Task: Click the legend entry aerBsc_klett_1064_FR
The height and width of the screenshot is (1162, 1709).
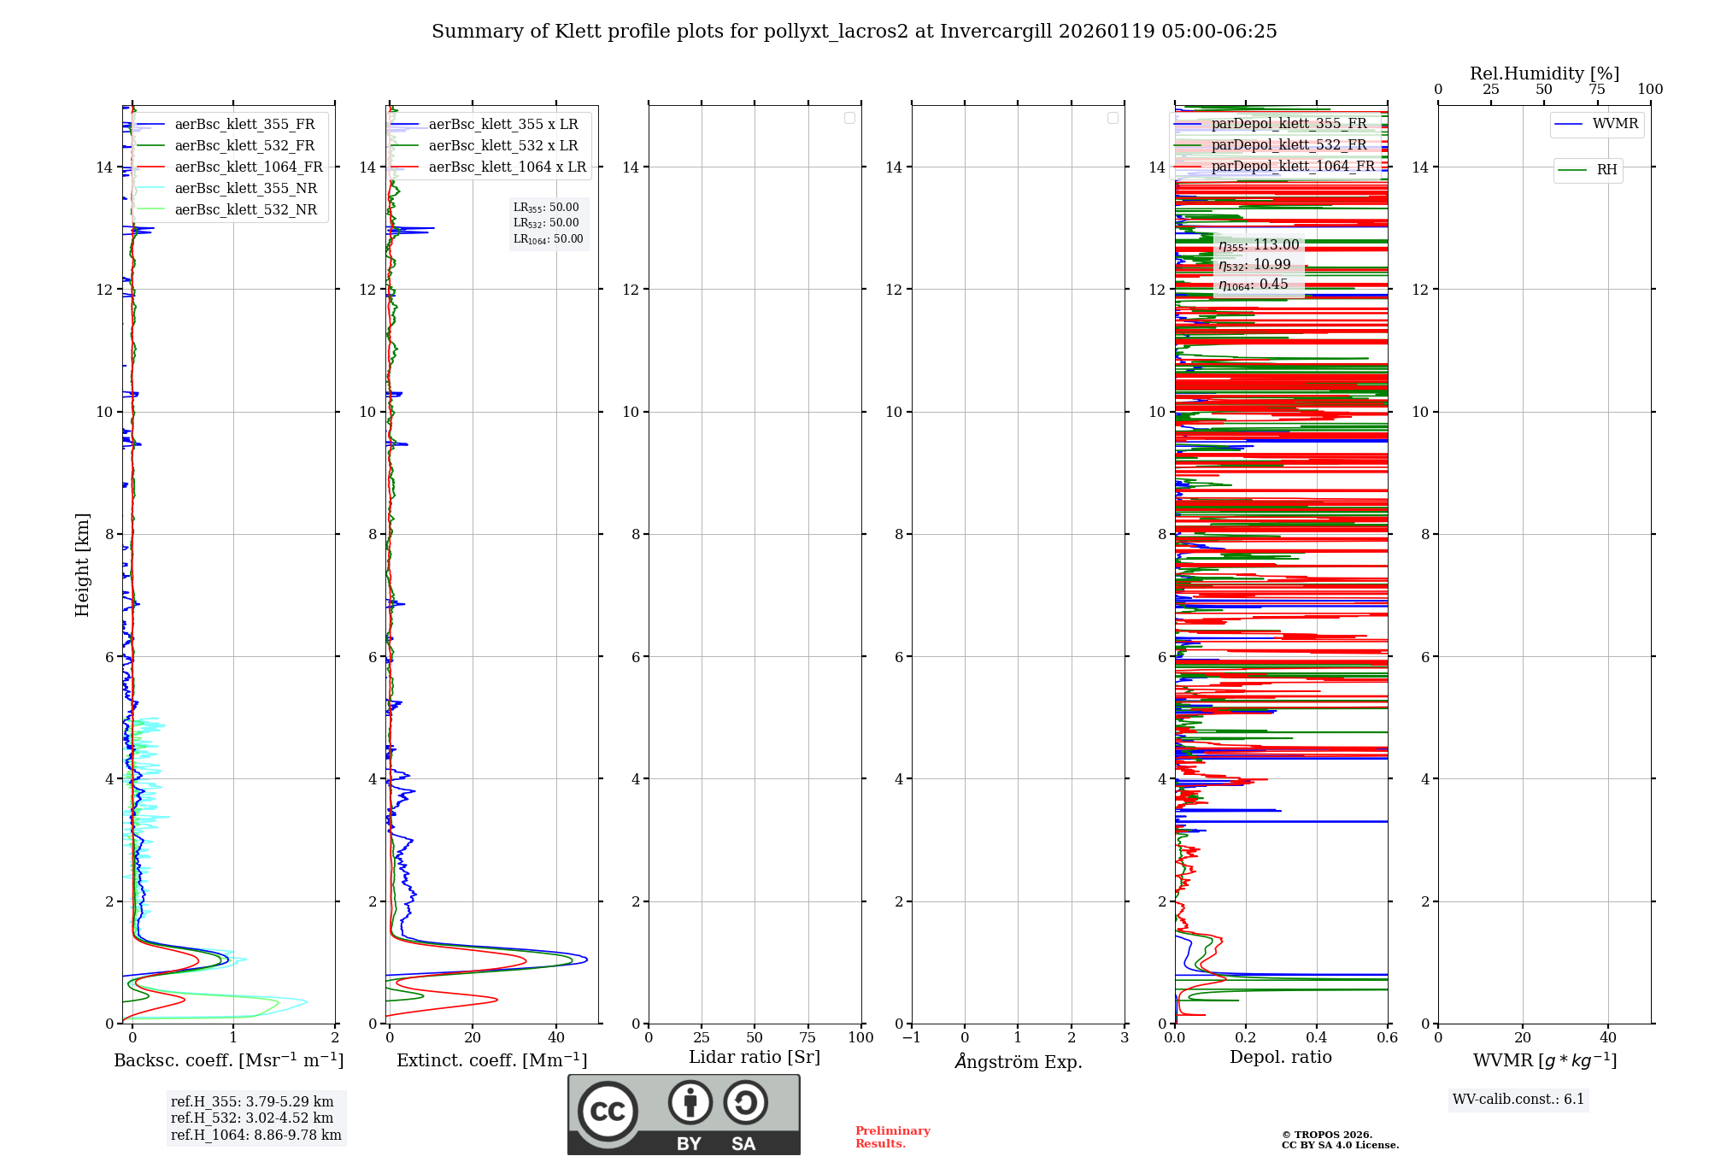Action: click(x=249, y=167)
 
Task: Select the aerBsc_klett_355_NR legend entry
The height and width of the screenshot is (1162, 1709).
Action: click(x=245, y=189)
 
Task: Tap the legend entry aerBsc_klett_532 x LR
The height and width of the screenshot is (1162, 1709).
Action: click(x=503, y=146)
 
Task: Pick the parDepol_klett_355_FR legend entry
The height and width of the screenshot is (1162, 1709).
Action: click(x=1289, y=124)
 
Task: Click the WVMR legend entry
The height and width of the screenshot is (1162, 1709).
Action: click(x=1615, y=124)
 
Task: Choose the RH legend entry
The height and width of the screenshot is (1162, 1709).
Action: click(x=1606, y=170)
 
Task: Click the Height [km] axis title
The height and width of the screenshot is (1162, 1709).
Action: click(x=82, y=565)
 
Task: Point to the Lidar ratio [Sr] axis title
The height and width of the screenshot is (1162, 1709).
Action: click(x=755, y=1058)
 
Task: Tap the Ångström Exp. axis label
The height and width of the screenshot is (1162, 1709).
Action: click(x=1018, y=1062)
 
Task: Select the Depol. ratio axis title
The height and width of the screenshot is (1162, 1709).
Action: click(x=1280, y=1058)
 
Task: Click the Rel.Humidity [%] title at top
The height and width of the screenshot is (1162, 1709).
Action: click(x=1544, y=73)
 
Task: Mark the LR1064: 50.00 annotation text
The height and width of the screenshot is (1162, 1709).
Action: click(x=548, y=239)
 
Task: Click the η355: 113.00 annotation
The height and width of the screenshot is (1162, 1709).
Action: click(x=1259, y=245)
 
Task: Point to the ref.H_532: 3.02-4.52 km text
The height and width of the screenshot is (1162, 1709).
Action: click(x=252, y=1118)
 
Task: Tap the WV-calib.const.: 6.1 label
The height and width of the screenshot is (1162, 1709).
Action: click(x=1518, y=1100)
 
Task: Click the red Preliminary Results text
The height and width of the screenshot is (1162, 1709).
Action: click(x=892, y=1137)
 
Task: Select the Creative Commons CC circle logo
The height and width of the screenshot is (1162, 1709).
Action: click(x=608, y=1112)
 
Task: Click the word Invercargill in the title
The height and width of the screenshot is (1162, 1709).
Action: click(x=996, y=32)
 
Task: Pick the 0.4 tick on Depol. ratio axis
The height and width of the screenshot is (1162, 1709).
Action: click(x=1317, y=1038)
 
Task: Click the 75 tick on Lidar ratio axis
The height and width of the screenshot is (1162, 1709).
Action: click(x=808, y=1038)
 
